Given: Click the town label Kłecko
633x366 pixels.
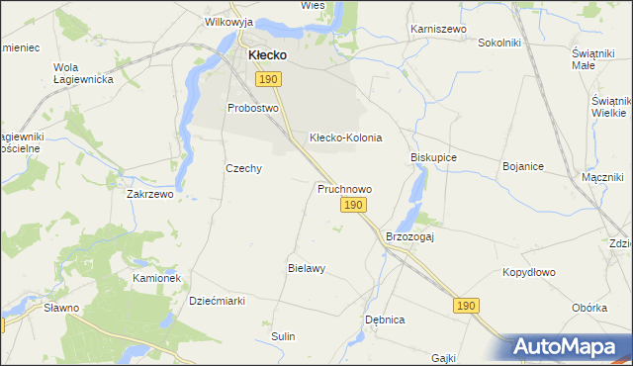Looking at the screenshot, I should [x=267, y=55].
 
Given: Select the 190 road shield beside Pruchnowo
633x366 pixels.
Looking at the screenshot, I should [x=355, y=205].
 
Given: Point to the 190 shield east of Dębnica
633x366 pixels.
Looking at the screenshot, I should [x=468, y=307].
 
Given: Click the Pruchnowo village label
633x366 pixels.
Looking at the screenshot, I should [x=344, y=188].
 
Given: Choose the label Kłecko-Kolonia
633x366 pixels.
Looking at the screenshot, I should [x=345, y=137].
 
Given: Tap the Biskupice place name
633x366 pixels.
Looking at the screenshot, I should [x=433, y=157].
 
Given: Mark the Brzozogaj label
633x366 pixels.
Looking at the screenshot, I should [x=410, y=237].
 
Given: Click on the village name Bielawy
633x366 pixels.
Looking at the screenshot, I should [x=307, y=268].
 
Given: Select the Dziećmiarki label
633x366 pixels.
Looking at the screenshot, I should [x=217, y=300].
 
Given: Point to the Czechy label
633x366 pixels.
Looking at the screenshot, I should [x=243, y=168].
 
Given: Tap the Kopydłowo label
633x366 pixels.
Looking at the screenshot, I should [x=529, y=272].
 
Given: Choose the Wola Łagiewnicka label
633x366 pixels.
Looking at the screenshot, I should [x=72, y=73].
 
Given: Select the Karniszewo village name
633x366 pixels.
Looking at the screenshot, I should [x=438, y=30].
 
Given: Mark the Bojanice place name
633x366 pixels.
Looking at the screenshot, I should [x=523, y=166].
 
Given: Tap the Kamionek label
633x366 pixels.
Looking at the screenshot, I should [x=156, y=279].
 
